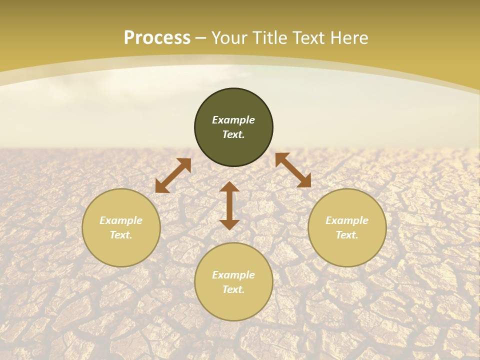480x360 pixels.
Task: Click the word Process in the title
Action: pos(157,38)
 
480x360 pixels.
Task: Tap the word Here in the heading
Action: pos(347,38)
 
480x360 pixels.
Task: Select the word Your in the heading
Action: pos(230,38)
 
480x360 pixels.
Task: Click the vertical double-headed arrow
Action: pos(229,205)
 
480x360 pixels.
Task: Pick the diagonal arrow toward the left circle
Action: pos(173,175)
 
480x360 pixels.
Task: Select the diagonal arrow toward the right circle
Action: pos(293,170)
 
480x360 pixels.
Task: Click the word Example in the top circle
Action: pos(233,120)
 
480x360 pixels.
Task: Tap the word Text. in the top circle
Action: pos(233,134)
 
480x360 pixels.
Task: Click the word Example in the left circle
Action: pos(121,220)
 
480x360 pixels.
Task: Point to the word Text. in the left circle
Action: pos(121,235)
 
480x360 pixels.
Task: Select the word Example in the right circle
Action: pos(347,220)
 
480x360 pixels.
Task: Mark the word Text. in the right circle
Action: pos(347,235)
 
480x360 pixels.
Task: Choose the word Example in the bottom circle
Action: pos(233,275)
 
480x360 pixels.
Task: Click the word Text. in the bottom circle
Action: pos(233,289)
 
